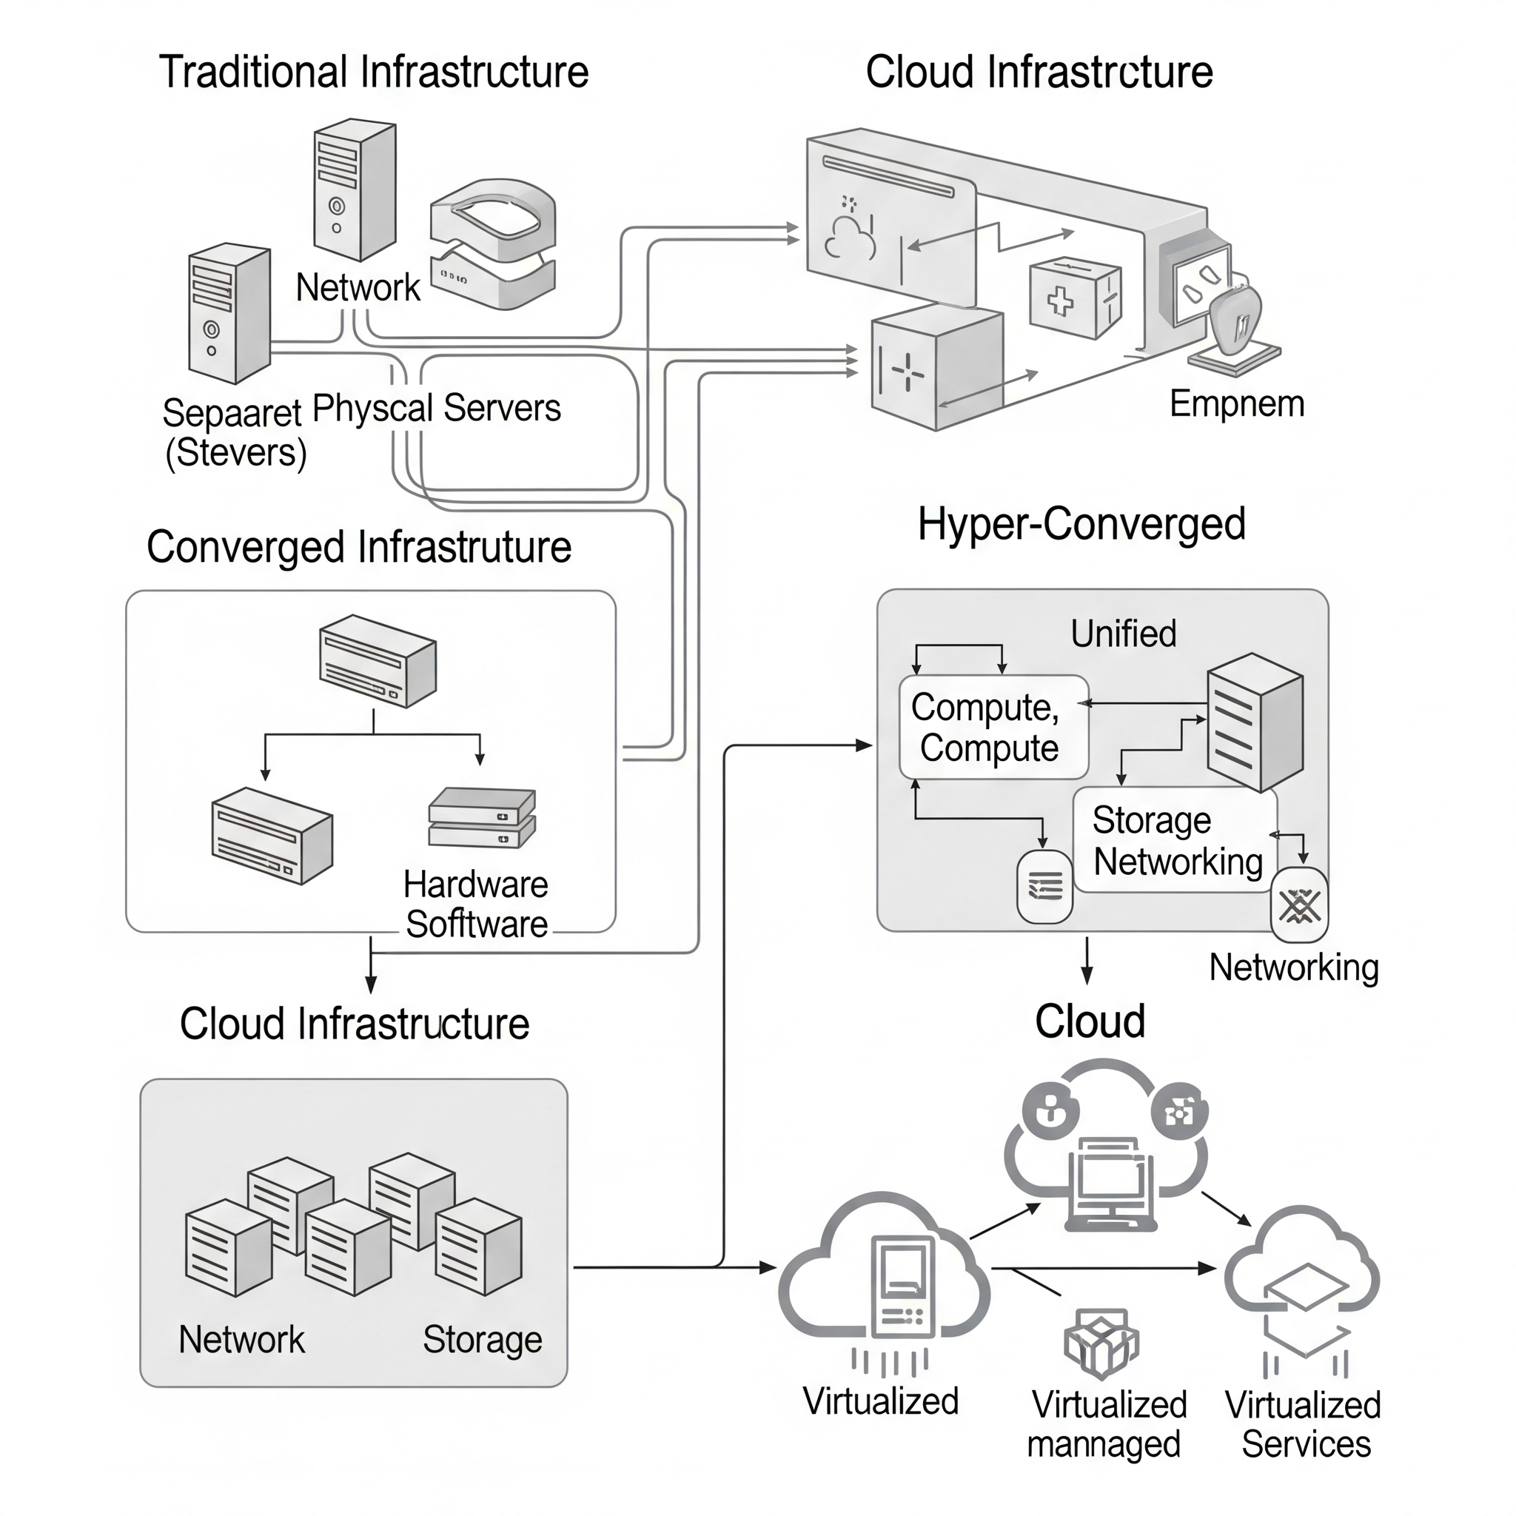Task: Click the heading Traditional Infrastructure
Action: point(374,73)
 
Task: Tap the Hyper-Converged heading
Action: point(1081,524)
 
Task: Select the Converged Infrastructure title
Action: point(358,547)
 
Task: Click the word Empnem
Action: point(1237,404)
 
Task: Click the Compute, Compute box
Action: point(993,728)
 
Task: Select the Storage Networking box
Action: point(1175,840)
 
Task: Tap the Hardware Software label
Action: point(475,905)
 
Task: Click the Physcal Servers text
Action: point(436,408)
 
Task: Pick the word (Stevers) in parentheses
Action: point(235,453)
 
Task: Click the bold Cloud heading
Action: point(1089,1022)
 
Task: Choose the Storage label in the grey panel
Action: point(482,1339)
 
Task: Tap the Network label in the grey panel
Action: point(241,1339)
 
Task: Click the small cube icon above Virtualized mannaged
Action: point(1101,1343)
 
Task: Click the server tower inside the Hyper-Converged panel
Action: point(1254,722)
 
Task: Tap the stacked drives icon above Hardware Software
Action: point(482,818)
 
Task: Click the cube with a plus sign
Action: point(1074,298)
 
